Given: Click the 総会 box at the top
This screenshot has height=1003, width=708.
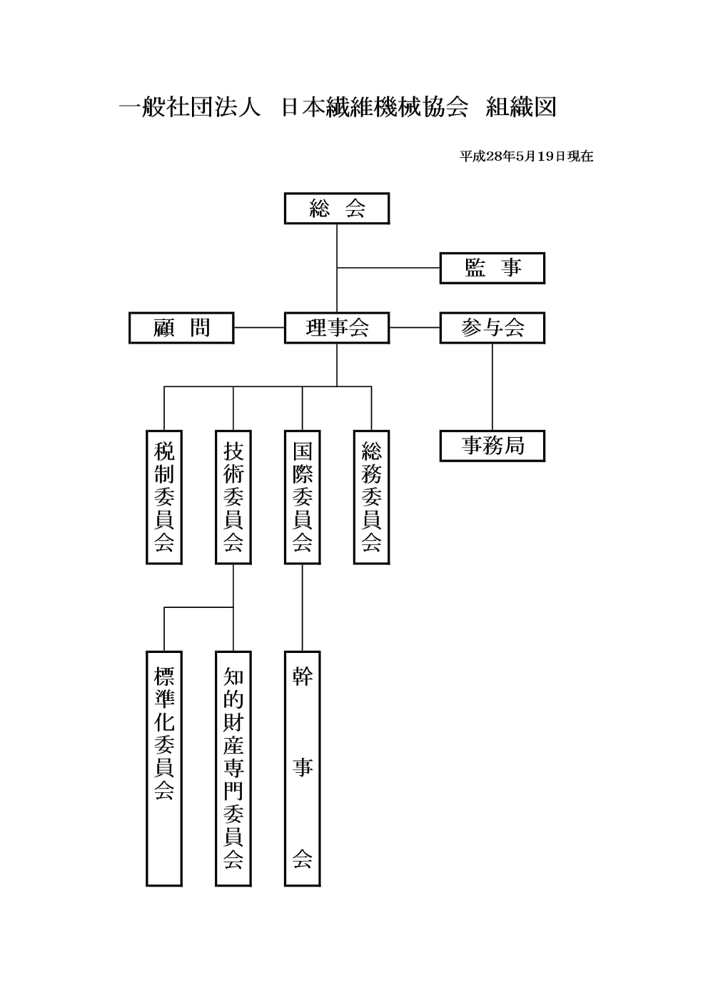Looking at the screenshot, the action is (337, 208).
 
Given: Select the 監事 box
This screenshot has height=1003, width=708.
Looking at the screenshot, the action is (492, 268).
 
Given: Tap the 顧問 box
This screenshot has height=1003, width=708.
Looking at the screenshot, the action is (181, 328).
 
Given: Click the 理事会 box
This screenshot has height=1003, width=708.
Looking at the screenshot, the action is (337, 328).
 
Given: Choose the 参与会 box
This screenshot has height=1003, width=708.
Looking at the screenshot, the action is (492, 328).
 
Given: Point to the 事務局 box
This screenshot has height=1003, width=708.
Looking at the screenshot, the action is (492, 446).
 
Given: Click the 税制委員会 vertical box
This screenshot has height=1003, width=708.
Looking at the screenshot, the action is (164, 497).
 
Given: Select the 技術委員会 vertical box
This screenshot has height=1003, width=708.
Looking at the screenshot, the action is (233, 497).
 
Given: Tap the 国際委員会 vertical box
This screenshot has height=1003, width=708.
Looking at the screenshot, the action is (303, 497).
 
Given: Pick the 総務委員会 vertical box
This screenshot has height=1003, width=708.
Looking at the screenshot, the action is (371, 497).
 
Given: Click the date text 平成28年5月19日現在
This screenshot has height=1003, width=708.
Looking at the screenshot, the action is (526, 156).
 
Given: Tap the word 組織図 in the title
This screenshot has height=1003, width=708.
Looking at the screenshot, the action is (520, 107).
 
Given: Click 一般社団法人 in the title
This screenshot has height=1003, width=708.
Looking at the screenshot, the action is (189, 107).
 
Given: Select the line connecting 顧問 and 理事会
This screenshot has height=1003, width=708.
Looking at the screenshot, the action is (259, 327).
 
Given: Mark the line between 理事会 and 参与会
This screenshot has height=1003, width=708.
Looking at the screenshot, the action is (415, 327).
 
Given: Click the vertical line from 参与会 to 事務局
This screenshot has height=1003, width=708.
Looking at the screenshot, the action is (492, 387).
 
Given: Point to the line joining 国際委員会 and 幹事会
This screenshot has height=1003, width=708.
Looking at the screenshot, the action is (303, 608).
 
